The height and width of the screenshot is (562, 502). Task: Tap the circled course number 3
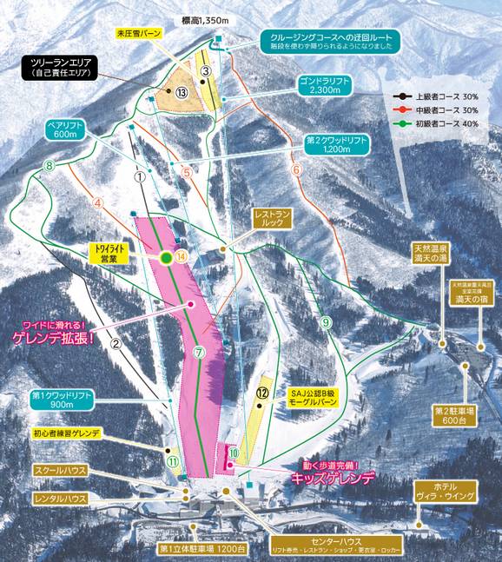(x=206, y=70)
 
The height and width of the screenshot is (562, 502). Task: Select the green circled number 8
(x=50, y=165)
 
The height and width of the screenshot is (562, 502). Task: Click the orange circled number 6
(x=296, y=169)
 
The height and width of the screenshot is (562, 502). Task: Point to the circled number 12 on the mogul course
(x=261, y=392)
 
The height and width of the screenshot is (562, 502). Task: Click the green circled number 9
(x=325, y=322)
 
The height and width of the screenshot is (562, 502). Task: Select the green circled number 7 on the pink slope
(x=199, y=353)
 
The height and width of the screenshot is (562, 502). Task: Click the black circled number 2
(x=115, y=341)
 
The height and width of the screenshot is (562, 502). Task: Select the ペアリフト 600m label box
(x=65, y=129)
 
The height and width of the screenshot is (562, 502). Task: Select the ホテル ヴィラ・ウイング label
(x=445, y=492)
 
